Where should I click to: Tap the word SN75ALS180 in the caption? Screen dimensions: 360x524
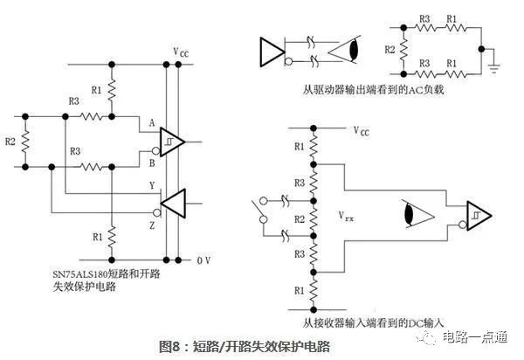88,273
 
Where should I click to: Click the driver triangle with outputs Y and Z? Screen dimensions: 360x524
171,204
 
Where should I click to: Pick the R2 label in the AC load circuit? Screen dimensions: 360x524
390,51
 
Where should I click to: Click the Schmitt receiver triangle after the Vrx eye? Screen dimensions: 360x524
478,214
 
